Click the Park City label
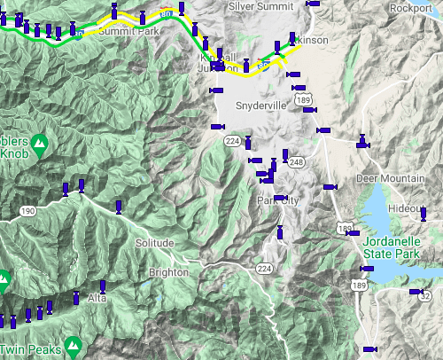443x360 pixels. pyautogui.click(x=278, y=200)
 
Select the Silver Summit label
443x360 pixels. pyautogui.click(x=263, y=5)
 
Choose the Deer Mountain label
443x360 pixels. pyautogui.click(x=390, y=178)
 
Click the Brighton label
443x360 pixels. pyautogui.click(x=168, y=272)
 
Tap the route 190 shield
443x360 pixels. pyautogui.click(x=27, y=211)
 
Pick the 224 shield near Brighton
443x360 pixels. pyautogui.click(x=264, y=268)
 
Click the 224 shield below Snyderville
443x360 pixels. pyautogui.click(x=232, y=141)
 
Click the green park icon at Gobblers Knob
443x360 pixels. pyautogui.click(x=40, y=142)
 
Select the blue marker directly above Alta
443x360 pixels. pyautogui.click(x=103, y=287)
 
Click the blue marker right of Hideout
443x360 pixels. pyautogui.click(x=424, y=214)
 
